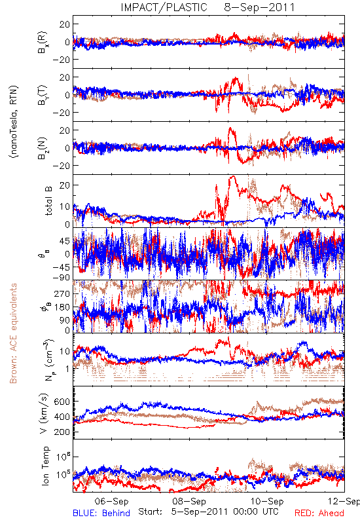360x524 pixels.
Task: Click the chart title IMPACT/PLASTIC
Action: pyautogui.click(x=164, y=7)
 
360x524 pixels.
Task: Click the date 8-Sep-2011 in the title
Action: pyautogui.click(x=259, y=7)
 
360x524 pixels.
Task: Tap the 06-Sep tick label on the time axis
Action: pyautogui.click(x=111, y=501)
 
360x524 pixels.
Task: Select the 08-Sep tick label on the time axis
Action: pyautogui.click(x=189, y=501)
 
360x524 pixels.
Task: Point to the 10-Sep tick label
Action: pyautogui.click(x=267, y=501)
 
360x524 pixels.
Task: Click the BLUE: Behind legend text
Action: pyautogui.click(x=101, y=514)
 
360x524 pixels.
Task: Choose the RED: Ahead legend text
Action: pyautogui.click(x=319, y=514)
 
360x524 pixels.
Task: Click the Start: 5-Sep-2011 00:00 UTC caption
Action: pyautogui.click(x=208, y=512)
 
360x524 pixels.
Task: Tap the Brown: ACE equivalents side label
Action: pyautogui.click(x=13, y=333)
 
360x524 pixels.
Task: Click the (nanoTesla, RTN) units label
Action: pyautogui.click(x=14, y=121)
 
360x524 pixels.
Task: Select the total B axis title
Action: pyautogui.click(x=48, y=200)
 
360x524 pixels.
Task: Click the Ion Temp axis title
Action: pyautogui.click(x=45, y=466)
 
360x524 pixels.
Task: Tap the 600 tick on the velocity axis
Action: pyautogui.click(x=62, y=402)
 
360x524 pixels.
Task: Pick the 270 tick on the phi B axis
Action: pyautogui.click(x=62, y=293)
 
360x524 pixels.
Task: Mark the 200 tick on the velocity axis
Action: pyautogui.click(x=62, y=432)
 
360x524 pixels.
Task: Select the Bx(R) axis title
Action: pyautogui.click(x=43, y=43)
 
